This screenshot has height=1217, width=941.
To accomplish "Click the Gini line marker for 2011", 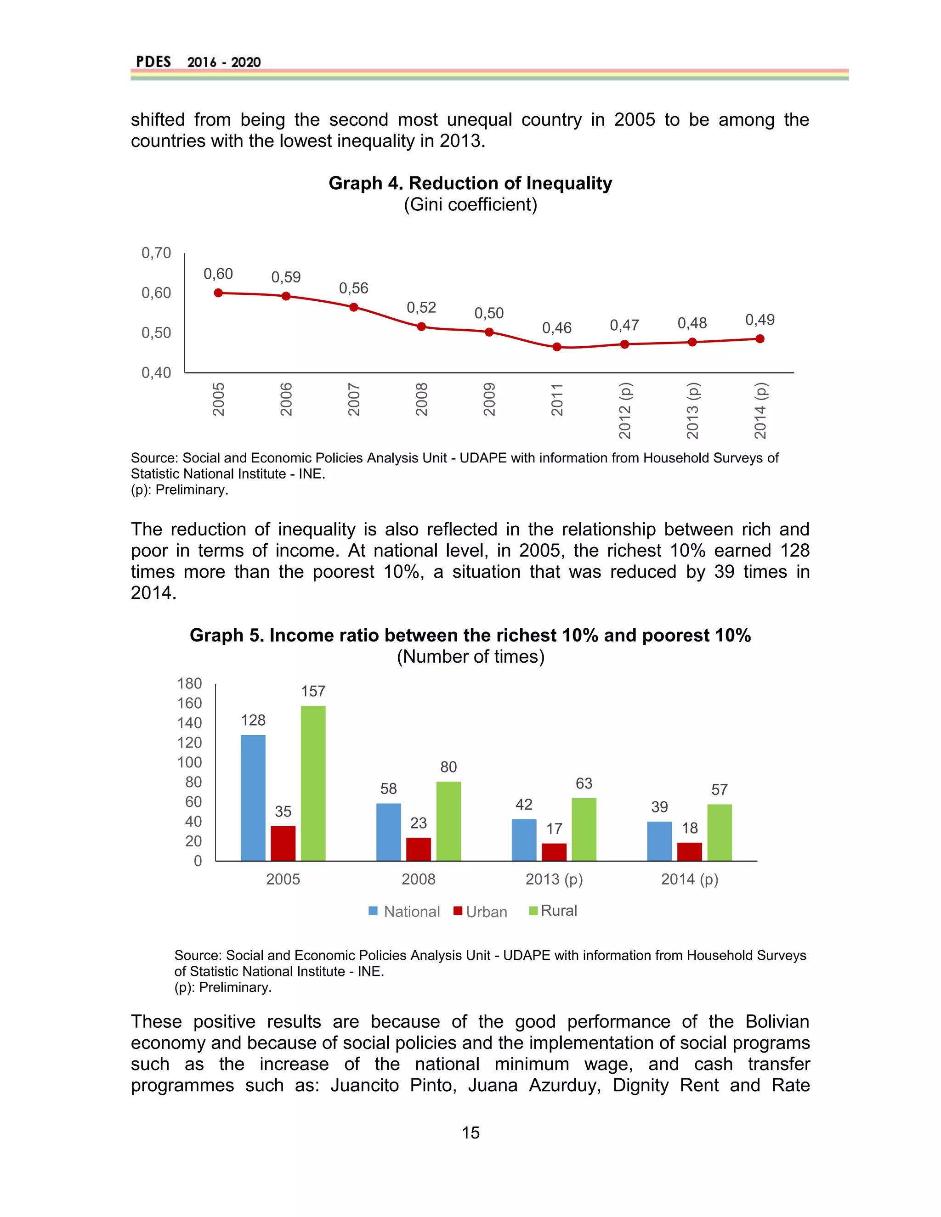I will tap(556, 347).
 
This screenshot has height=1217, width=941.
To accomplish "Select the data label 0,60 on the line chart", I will tap(218, 274).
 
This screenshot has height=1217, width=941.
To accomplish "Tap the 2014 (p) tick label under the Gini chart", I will tap(760, 410).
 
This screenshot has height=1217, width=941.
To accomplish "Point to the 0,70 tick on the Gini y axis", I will tap(156, 253).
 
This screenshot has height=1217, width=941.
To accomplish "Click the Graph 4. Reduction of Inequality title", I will tap(470, 183).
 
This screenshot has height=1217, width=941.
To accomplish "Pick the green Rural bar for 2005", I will tap(313, 783).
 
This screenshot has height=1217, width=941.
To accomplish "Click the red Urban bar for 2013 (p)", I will tap(554, 851).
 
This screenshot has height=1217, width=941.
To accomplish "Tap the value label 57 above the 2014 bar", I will tap(719, 789).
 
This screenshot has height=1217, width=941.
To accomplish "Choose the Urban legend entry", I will tap(480, 912).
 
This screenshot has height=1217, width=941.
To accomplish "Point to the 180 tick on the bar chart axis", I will tap(190, 684).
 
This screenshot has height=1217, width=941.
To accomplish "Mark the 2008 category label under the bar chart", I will tap(418, 879).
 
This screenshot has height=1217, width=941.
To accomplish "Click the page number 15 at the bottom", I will tap(470, 1133).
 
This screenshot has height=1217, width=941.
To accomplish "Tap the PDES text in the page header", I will tap(153, 62).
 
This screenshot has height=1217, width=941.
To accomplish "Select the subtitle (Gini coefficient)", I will tap(470, 204).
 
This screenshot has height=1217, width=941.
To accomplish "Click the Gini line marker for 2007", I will tap(353, 307).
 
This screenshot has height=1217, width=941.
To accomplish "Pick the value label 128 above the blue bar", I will tap(253, 720).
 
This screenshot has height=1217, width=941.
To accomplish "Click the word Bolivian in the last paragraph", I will tap(777, 1021).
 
